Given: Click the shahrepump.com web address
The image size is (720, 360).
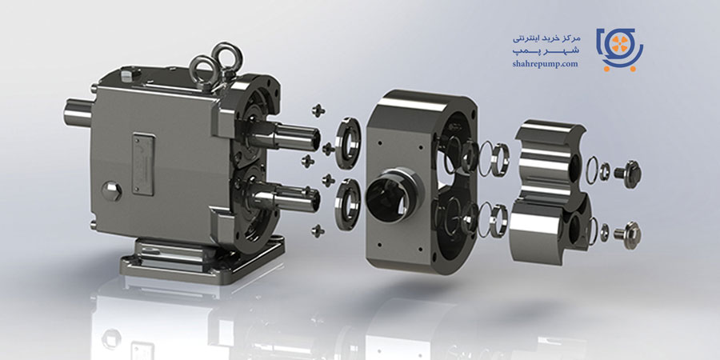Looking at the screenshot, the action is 545,64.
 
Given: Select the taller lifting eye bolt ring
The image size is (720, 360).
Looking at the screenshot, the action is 227,58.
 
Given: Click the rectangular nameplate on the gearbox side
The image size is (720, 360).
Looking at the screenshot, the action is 143,164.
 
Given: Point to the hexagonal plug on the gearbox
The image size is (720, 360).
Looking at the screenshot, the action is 111,191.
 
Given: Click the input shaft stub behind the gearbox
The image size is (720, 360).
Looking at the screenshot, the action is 78,113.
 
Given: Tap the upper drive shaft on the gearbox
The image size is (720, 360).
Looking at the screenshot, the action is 285,135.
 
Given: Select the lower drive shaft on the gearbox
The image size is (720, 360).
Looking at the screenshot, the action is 285,198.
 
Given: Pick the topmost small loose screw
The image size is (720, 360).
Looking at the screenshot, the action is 318,110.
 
